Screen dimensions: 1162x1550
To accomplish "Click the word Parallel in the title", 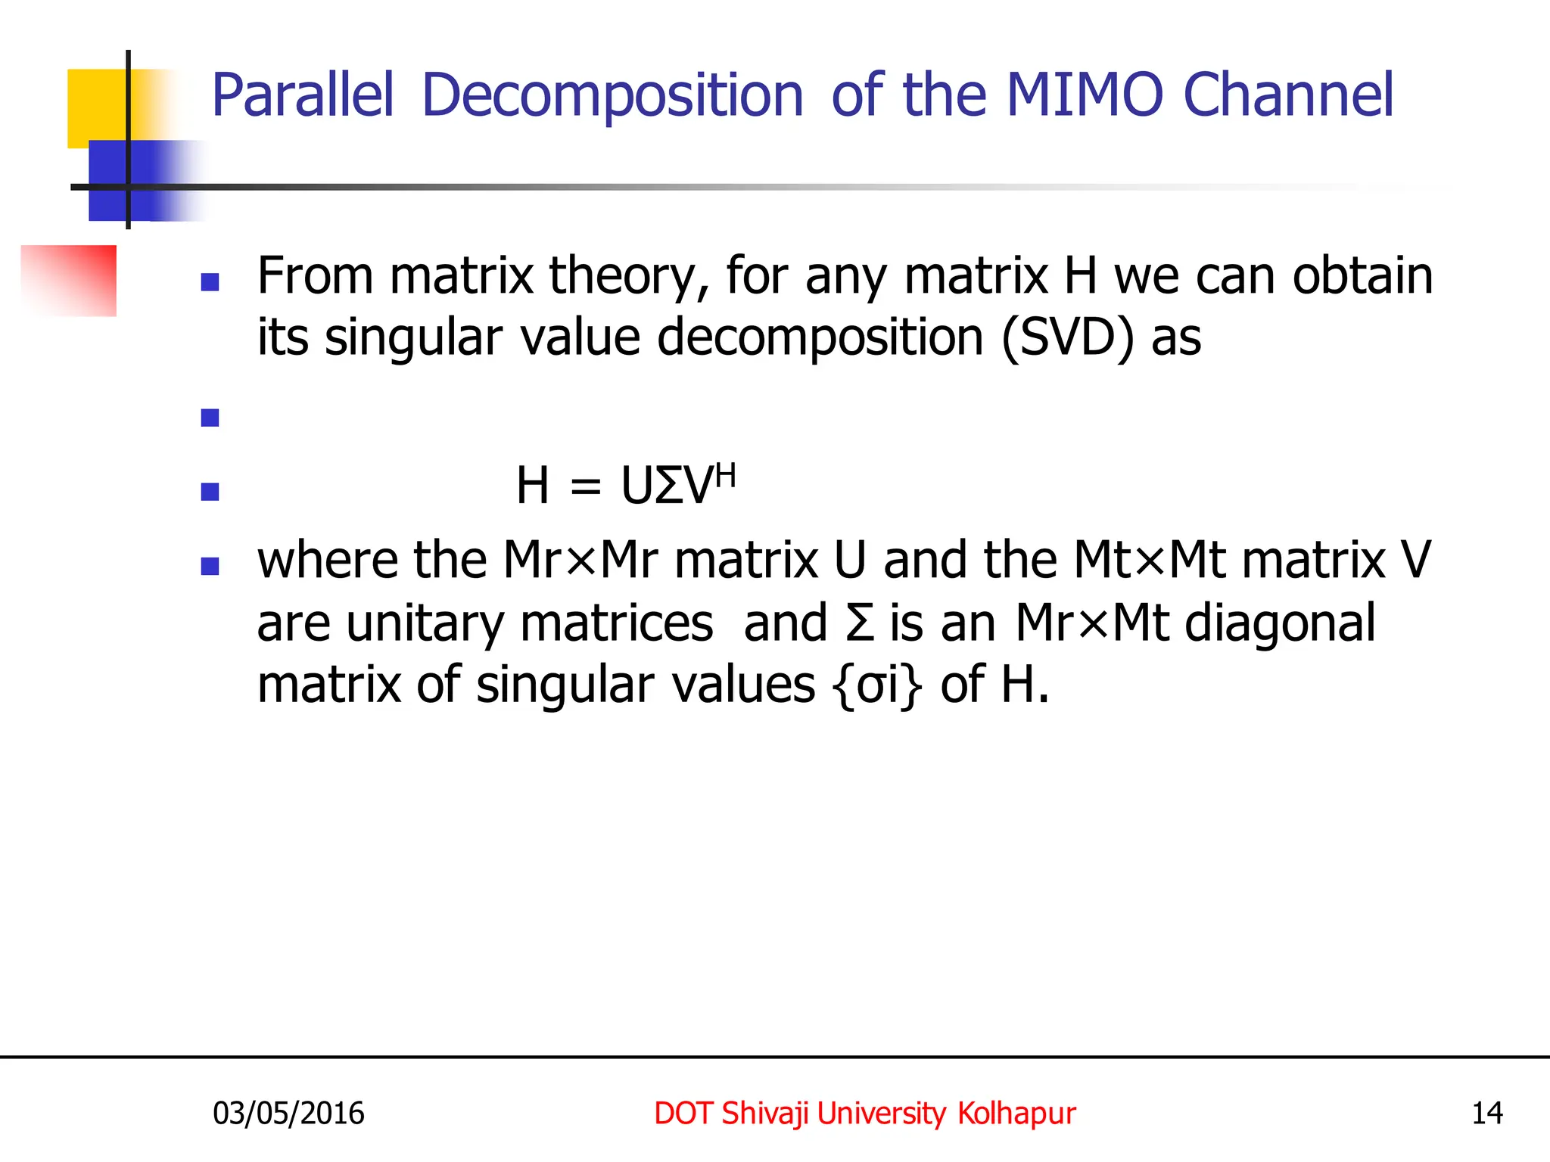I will (303, 96).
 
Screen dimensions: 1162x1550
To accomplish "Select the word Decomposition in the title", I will (612, 96).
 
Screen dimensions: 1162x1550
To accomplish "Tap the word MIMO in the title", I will (1084, 96).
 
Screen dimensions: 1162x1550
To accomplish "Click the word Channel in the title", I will (1287, 96).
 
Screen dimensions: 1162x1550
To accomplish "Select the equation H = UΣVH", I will (625, 485).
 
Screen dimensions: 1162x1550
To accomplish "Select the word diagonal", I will (1280, 624).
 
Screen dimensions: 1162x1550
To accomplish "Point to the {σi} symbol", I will (877, 685).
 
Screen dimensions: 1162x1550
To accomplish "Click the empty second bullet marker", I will (210, 418).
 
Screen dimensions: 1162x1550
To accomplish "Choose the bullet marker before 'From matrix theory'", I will (210, 282).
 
